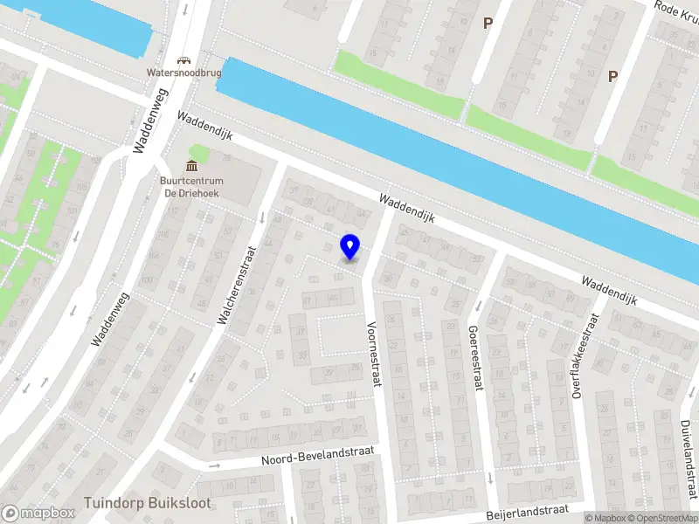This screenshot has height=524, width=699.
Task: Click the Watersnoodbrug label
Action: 183,73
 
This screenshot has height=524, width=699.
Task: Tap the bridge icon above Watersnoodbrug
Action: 183,60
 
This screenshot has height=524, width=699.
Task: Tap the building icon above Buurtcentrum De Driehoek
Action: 191,166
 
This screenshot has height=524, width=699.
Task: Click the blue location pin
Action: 349,246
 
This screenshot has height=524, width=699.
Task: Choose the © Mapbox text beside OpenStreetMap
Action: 606,518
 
